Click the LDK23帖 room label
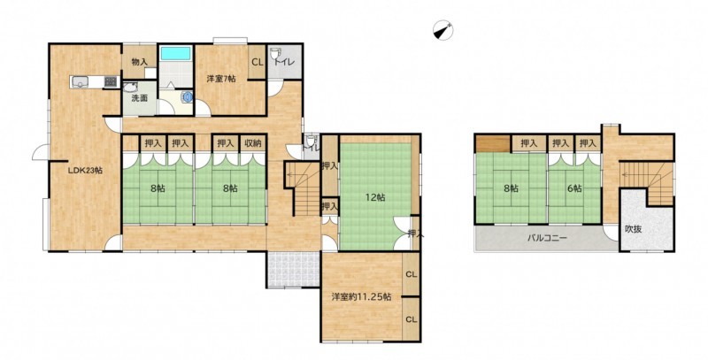click(x=85, y=171)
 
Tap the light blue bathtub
click(x=175, y=53)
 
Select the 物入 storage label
click(x=140, y=62)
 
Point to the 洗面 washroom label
click(x=140, y=98)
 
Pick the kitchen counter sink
click(x=80, y=81)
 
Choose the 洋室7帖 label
click(x=221, y=79)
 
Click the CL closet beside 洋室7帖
click(x=258, y=62)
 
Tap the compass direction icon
click(x=443, y=31)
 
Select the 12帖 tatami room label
click(x=375, y=197)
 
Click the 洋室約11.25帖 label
click(x=362, y=297)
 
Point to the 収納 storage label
click(x=253, y=143)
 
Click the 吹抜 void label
click(x=634, y=229)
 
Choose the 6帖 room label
click(x=574, y=188)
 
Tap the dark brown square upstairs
click(x=493, y=144)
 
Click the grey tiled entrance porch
click(x=294, y=269)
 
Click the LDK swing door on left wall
click(x=41, y=152)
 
